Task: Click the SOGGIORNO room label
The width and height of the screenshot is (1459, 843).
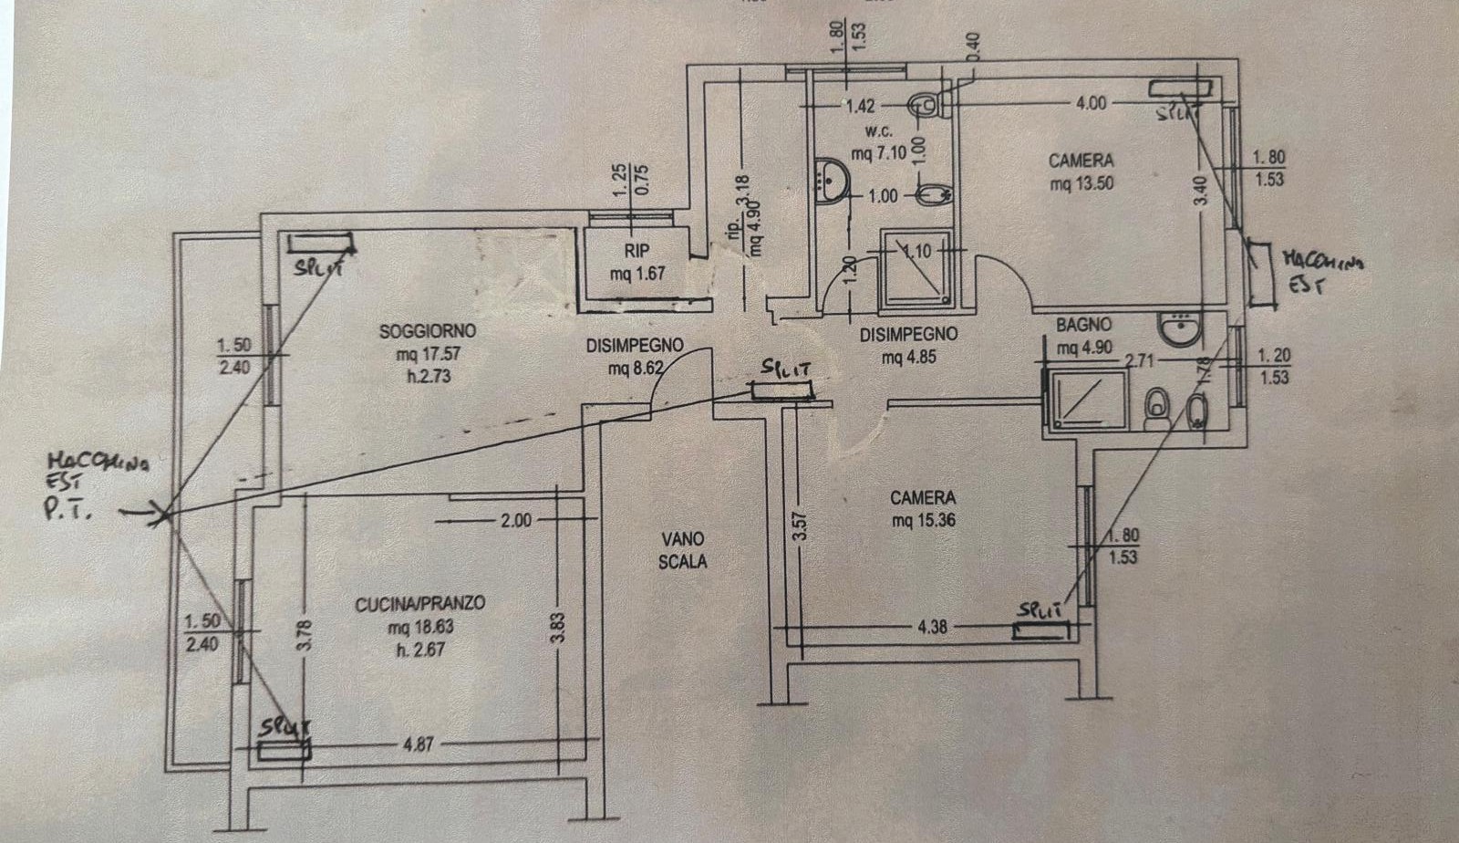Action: [x=428, y=331]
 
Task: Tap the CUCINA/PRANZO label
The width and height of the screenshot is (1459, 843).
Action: [x=419, y=604]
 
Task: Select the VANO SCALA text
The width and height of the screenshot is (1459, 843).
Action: [x=683, y=550]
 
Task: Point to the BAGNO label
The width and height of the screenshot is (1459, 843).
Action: [x=1083, y=325]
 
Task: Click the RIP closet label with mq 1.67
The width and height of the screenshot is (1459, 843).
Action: [x=637, y=252]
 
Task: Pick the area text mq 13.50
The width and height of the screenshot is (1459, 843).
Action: [x=1081, y=183]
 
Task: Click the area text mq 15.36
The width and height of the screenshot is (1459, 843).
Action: [x=923, y=521]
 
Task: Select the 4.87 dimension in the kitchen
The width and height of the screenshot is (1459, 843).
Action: [x=418, y=744]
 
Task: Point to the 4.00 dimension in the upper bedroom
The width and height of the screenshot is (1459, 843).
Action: [x=1091, y=103]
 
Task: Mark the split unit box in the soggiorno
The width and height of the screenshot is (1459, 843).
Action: [x=320, y=244]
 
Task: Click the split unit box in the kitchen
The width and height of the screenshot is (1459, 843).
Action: [x=284, y=750]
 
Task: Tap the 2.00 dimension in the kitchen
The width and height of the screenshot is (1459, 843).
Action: [x=515, y=521]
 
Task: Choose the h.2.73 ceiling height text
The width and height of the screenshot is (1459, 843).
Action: [x=429, y=374]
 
